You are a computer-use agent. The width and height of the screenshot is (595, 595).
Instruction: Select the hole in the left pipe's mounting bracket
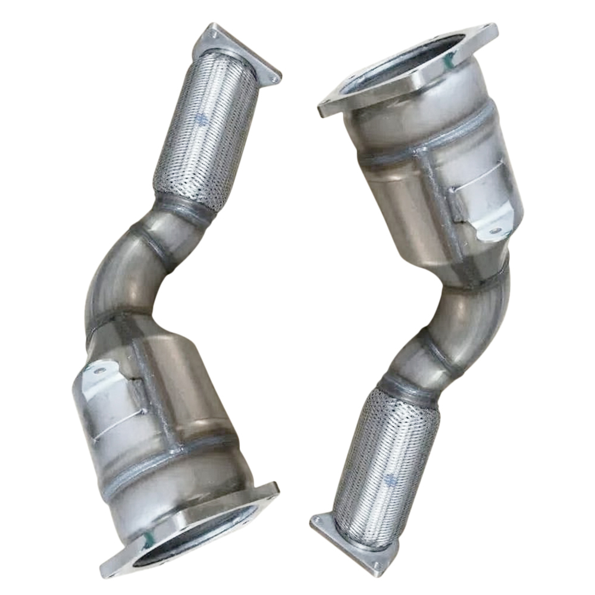(x=98, y=370)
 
